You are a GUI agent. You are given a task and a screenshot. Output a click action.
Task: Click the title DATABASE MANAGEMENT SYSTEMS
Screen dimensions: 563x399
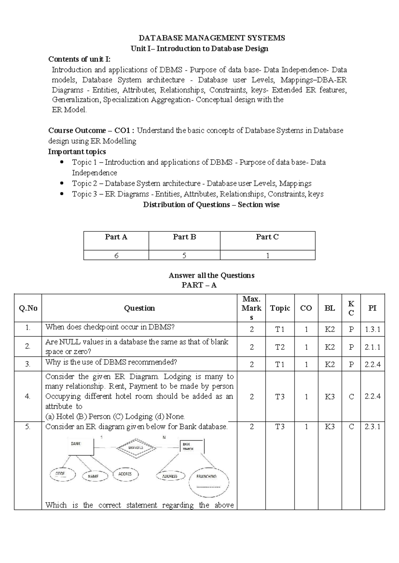point(212,38)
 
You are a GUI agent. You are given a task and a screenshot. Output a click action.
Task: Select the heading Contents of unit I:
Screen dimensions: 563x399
point(79,59)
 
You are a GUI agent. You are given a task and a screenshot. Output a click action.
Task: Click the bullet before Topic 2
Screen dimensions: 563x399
point(61,183)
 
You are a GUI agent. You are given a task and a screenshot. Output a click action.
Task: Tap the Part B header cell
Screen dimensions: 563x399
point(184,237)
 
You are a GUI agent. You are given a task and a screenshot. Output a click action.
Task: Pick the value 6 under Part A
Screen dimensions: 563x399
point(116,255)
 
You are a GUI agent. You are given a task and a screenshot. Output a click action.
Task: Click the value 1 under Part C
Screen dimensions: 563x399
point(267,255)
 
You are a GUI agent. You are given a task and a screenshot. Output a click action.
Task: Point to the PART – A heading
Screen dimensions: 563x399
point(199,285)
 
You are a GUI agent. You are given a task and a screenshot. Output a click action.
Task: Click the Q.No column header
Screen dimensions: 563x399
point(28,308)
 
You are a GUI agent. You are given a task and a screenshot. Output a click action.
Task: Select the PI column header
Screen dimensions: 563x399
point(372,308)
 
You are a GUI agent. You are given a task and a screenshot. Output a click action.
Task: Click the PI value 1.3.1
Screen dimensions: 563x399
point(372,329)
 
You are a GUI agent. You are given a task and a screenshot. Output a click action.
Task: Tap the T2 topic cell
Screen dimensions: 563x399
point(280,347)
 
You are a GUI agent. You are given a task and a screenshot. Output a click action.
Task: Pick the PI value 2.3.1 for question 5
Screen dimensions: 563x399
point(372,427)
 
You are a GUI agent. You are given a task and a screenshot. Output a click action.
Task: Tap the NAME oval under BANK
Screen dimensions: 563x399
point(95,476)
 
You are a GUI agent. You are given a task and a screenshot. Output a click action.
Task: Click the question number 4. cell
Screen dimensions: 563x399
point(28,396)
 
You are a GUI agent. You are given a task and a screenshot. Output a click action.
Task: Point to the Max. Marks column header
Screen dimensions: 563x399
point(251,308)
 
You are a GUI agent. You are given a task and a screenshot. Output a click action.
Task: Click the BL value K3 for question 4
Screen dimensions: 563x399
point(330,396)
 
